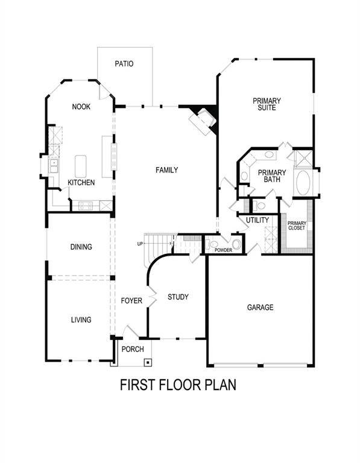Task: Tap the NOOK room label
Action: point(81,107)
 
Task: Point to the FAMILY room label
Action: point(166,170)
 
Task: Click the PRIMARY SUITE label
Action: point(267,104)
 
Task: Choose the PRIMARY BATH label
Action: point(271,176)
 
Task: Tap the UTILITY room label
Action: point(257,221)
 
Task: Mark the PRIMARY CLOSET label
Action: point(297,226)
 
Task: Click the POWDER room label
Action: point(223,250)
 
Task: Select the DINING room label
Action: point(81,247)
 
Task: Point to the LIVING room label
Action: point(81,320)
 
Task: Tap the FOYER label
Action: point(131,300)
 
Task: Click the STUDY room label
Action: point(178,297)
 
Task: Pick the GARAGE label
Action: point(260,307)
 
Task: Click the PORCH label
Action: point(133,350)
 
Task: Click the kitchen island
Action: point(80,164)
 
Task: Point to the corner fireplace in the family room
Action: point(202,119)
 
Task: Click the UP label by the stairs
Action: point(140,244)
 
